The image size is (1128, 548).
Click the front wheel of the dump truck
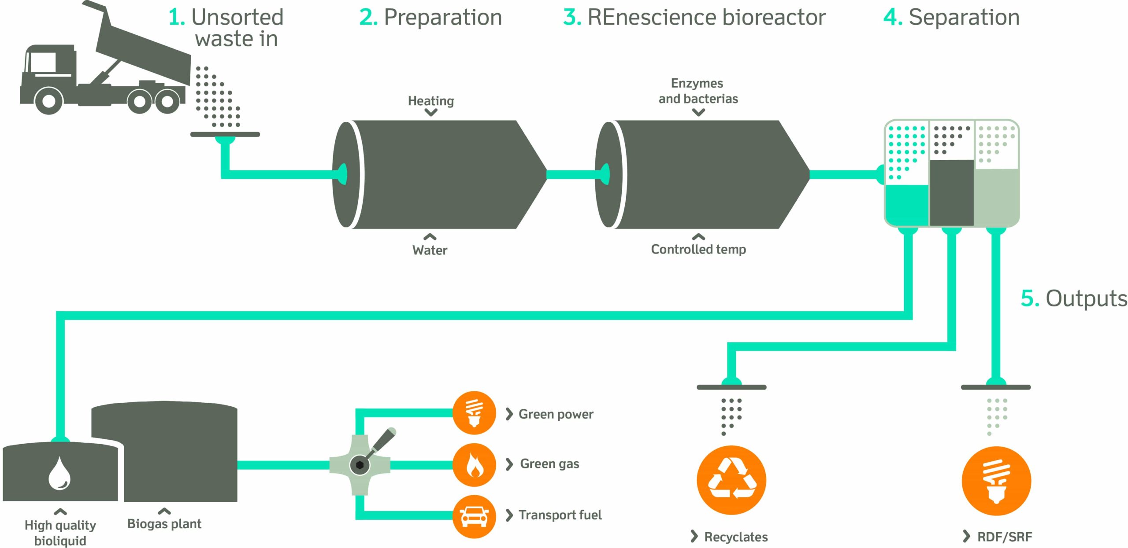[48, 101]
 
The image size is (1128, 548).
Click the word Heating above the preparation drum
[430, 101]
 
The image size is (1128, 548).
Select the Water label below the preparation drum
[430, 250]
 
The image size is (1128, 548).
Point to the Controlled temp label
[698, 249]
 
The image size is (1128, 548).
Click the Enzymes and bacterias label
[698, 91]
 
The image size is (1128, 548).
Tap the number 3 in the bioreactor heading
[572, 18]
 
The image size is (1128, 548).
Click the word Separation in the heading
[964, 18]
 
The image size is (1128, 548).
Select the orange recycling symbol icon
[731, 480]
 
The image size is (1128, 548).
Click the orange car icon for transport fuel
[474, 516]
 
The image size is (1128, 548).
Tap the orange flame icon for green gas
[474, 465]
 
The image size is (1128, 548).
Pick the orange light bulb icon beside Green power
[474, 413]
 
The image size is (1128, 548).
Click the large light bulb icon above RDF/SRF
[996, 481]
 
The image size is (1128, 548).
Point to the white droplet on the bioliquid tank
[59, 474]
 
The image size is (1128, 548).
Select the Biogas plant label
[164, 524]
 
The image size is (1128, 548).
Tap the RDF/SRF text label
[1004, 537]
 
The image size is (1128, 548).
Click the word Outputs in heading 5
[1086, 299]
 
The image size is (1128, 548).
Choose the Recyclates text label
[735, 537]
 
